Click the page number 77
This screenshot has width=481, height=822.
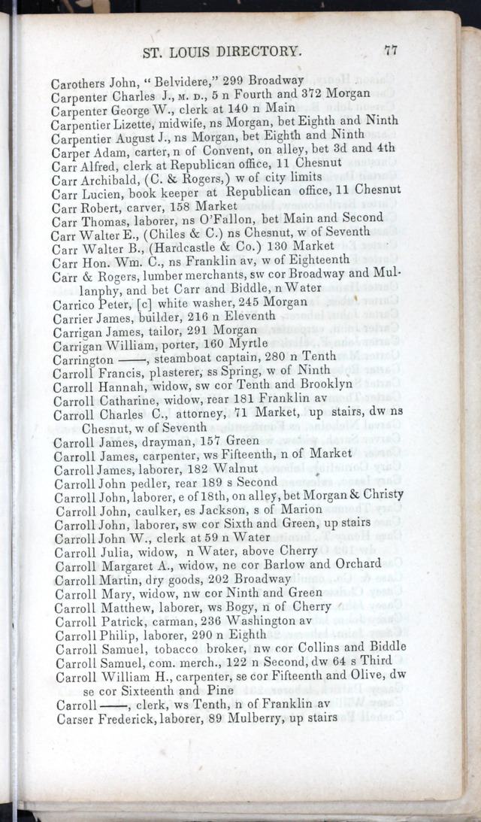pyautogui.click(x=390, y=51)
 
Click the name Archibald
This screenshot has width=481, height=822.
pyautogui.click(x=109, y=177)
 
